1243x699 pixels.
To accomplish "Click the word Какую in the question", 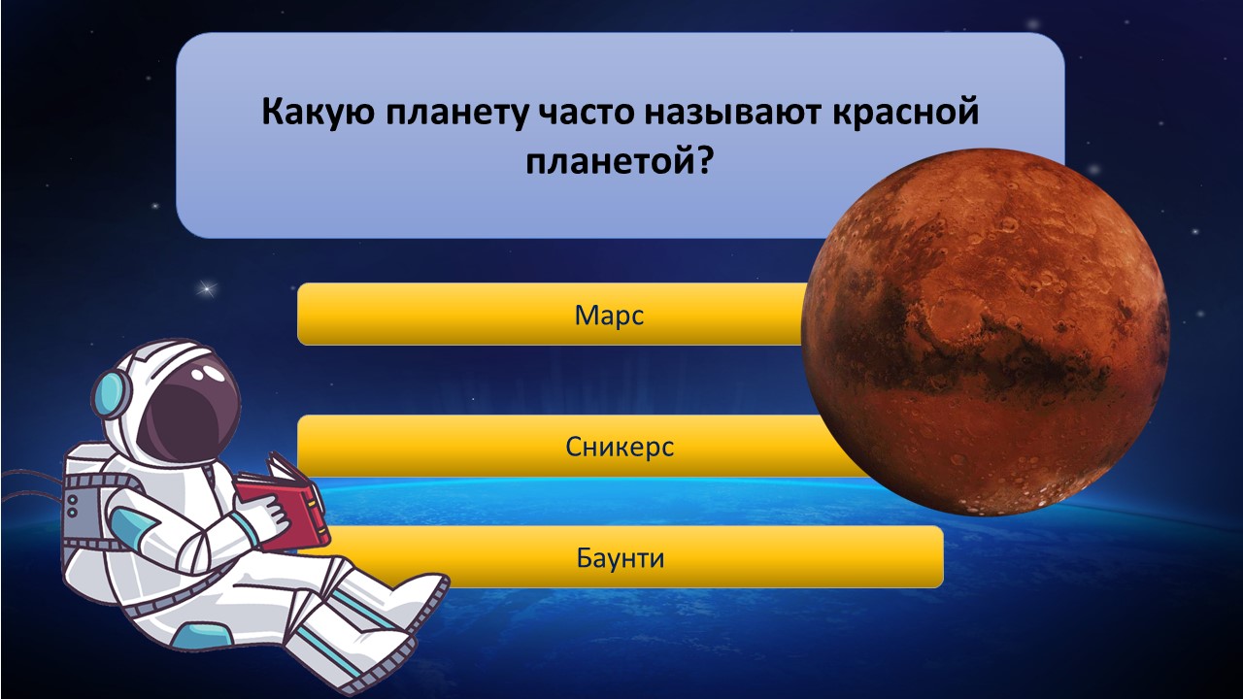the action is tap(318, 113).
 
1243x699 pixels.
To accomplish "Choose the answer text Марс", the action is tap(609, 316).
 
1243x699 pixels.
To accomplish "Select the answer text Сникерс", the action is tap(620, 447).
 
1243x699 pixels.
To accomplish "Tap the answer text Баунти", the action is tap(621, 557).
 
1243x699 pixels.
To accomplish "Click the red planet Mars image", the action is tap(986, 332).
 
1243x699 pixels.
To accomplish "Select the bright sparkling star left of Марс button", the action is tap(208, 288).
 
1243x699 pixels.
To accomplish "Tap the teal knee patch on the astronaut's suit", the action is tap(203, 637).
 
